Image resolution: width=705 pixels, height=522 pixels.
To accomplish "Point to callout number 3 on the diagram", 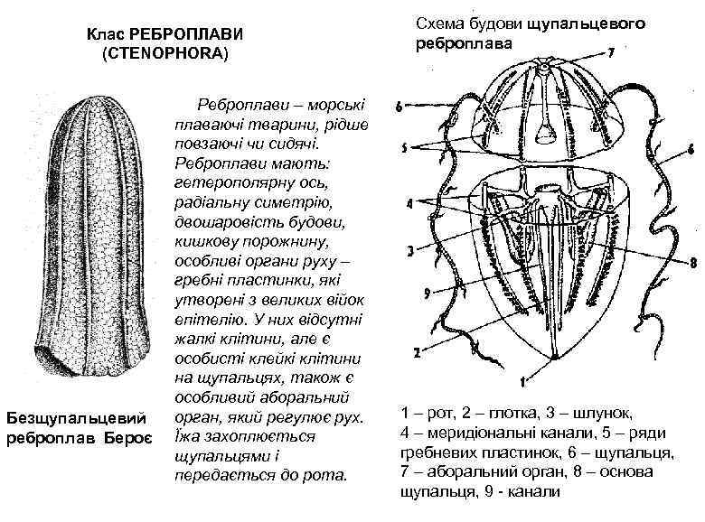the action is [410, 251].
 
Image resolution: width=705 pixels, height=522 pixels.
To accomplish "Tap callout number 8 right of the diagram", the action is [691, 264].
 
